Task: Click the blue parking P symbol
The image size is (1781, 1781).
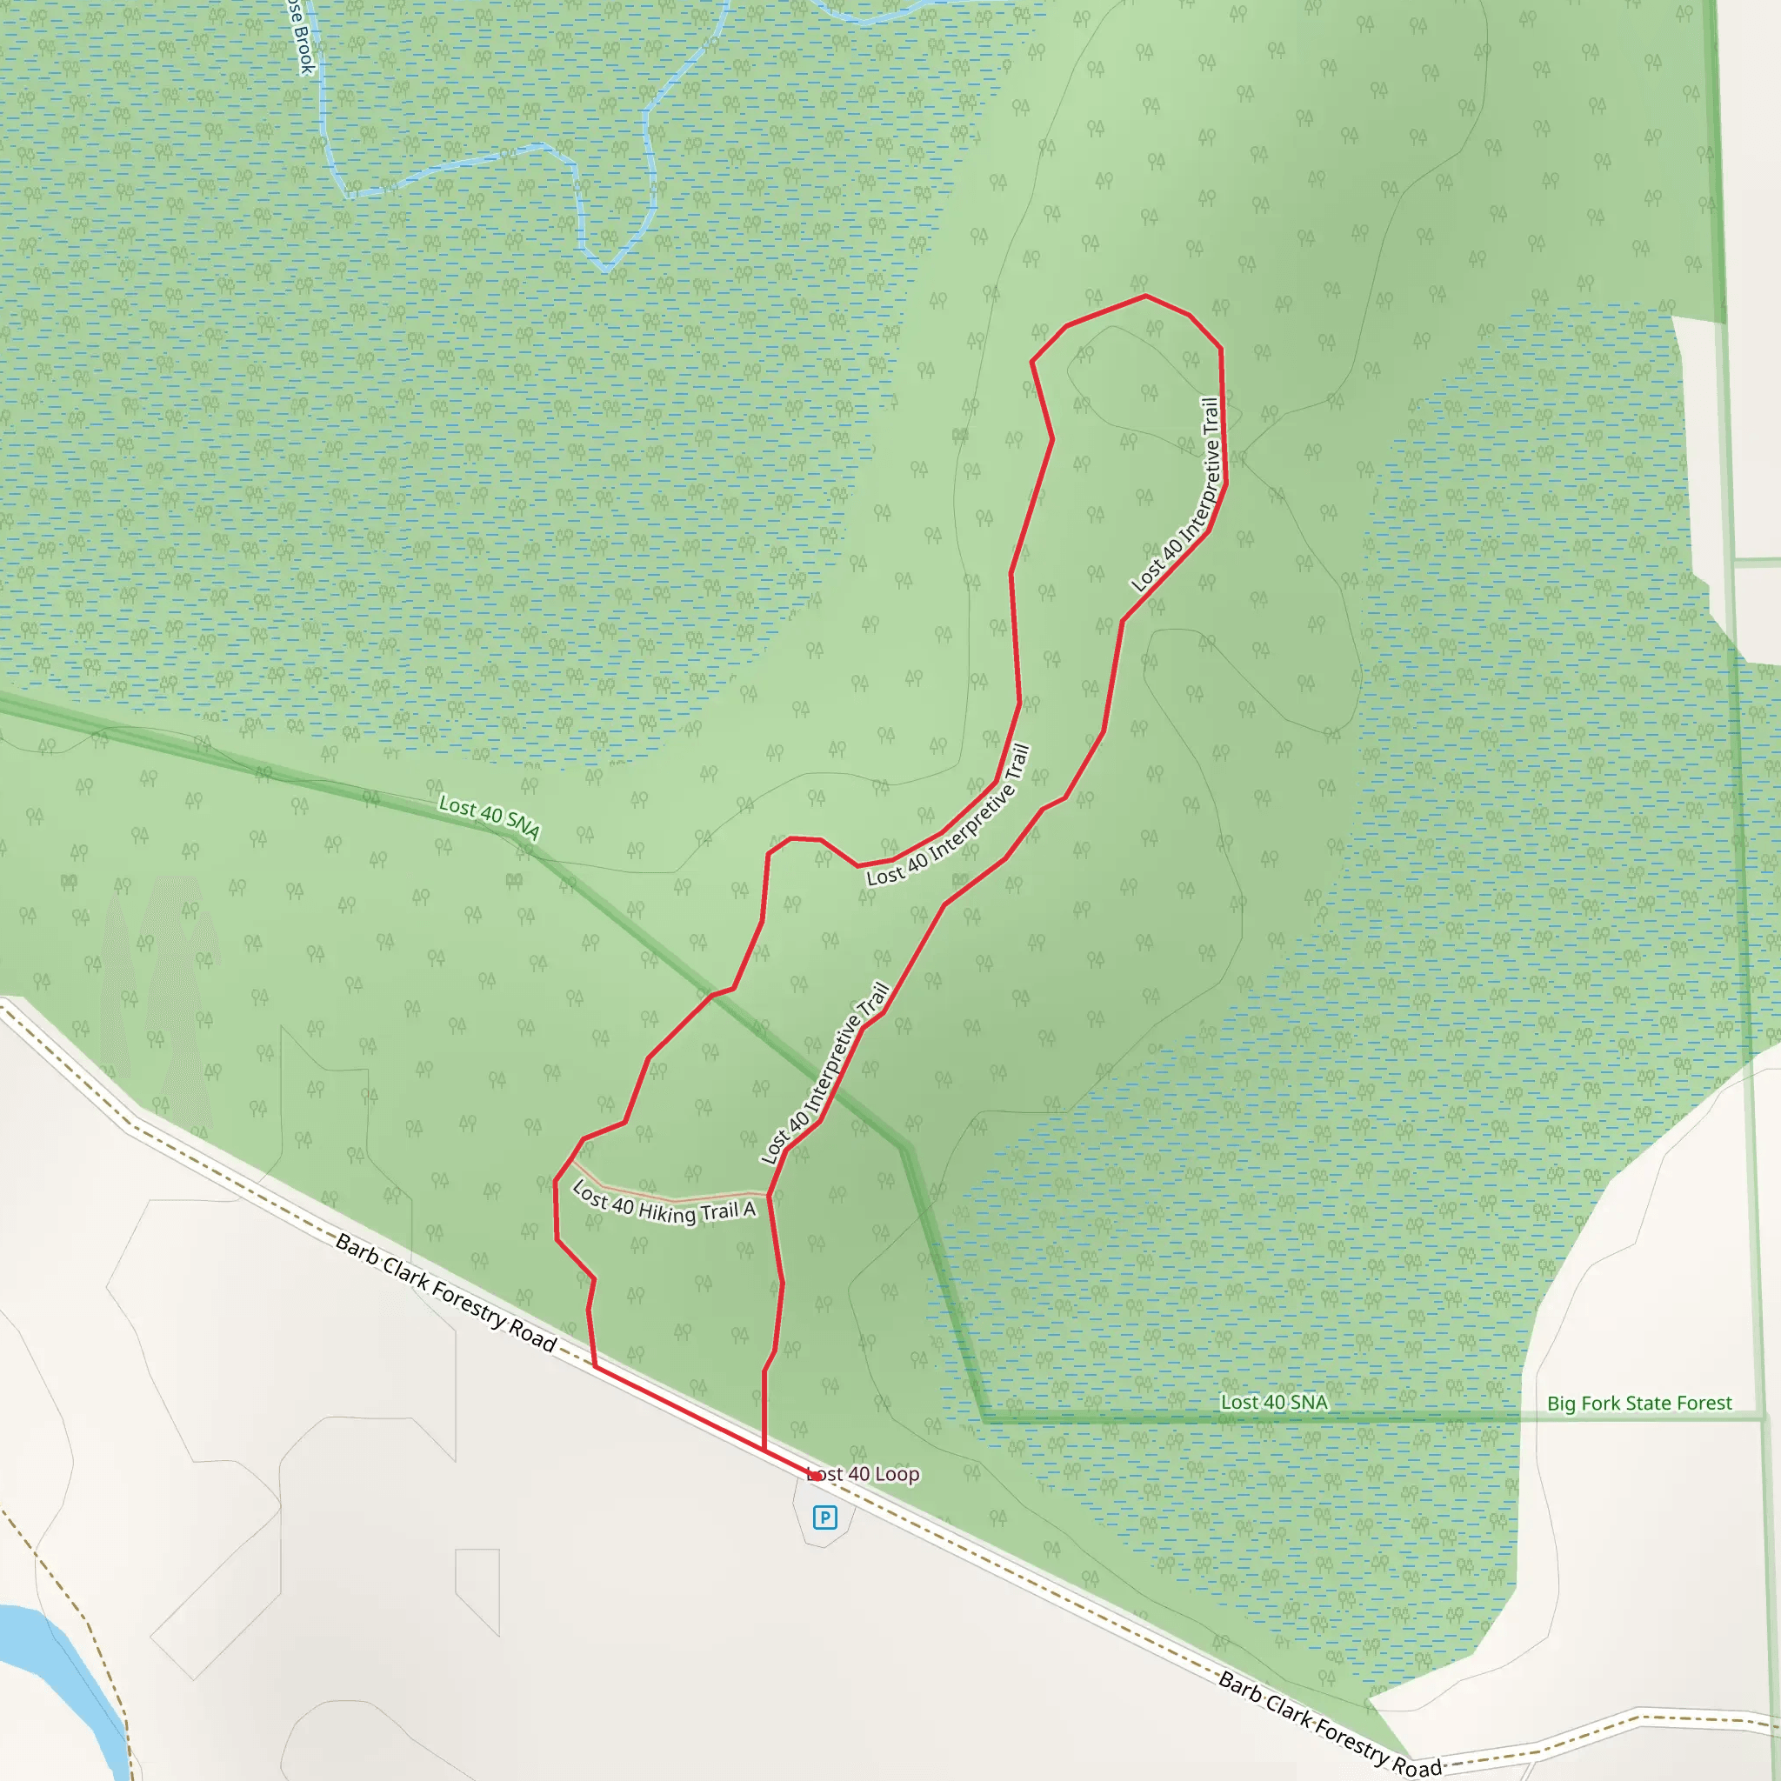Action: [x=825, y=1517]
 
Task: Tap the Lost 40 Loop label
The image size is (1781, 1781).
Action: [x=864, y=1474]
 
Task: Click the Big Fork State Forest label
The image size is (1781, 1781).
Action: [x=1639, y=1403]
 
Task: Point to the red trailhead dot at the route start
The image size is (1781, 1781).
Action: [x=816, y=1476]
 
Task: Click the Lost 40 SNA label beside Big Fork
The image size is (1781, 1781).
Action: [x=1274, y=1402]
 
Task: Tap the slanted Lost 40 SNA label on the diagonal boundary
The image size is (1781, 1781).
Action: [x=489, y=817]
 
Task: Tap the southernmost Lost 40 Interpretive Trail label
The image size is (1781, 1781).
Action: [x=825, y=1073]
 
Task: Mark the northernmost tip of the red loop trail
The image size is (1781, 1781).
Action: [x=1146, y=296]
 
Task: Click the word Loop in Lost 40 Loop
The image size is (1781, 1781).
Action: [x=897, y=1474]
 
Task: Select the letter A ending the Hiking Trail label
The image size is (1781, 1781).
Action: [x=750, y=1210]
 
